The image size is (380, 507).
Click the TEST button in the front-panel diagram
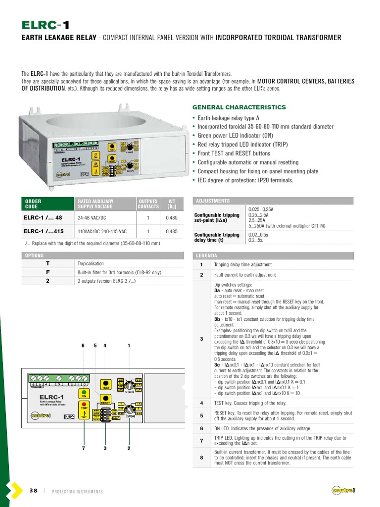pyautogui.click(x=105, y=383)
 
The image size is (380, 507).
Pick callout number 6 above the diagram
pyautogui.click(x=83, y=346)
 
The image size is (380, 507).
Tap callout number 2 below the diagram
pyautogui.click(x=129, y=449)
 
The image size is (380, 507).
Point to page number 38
pyautogui.click(x=33, y=491)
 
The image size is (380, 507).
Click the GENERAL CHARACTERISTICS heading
pyautogui.click(x=238, y=107)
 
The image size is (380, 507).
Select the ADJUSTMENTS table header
pyautogui.click(x=213, y=201)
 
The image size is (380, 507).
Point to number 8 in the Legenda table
pyautogui.click(x=201, y=457)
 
